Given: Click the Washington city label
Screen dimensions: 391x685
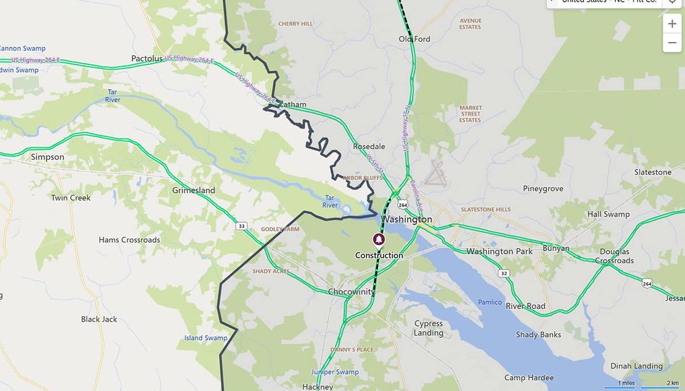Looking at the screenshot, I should [x=406, y=219].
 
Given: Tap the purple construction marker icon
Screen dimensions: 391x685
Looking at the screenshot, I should [x=378, y=239].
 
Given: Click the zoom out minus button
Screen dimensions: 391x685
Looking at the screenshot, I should [x=672, y=43].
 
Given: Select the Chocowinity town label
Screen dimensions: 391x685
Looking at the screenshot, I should [x=352, y=292].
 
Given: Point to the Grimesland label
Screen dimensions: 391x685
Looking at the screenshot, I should [x=194, y=190].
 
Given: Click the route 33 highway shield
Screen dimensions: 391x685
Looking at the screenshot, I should [x=242, y=227].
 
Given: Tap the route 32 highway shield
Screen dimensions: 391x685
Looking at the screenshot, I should [x=503, y=273].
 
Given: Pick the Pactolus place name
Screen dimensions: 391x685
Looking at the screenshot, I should [x=147, y=59].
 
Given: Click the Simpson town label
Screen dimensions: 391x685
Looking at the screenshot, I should [x=47, y=157].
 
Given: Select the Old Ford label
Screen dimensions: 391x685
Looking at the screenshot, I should [x=414, y=39].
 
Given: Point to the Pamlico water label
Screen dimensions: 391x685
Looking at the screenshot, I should [x=489, y=302].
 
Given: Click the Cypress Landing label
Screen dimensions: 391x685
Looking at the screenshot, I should [x=428, y=328].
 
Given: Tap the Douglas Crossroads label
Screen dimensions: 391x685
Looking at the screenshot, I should [x=614, y=256].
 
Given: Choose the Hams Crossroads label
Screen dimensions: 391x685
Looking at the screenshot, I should [x=129, y=240].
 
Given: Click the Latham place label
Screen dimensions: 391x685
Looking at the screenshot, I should [x=293, y=104].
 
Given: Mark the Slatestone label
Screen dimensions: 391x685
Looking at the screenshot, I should [x=652, y=172].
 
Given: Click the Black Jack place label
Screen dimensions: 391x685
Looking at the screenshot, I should [x=99, y=319].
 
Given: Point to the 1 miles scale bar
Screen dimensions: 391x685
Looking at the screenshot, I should [x=626, y=386].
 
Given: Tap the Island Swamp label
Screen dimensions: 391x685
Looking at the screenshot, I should [x=205, y=338].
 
